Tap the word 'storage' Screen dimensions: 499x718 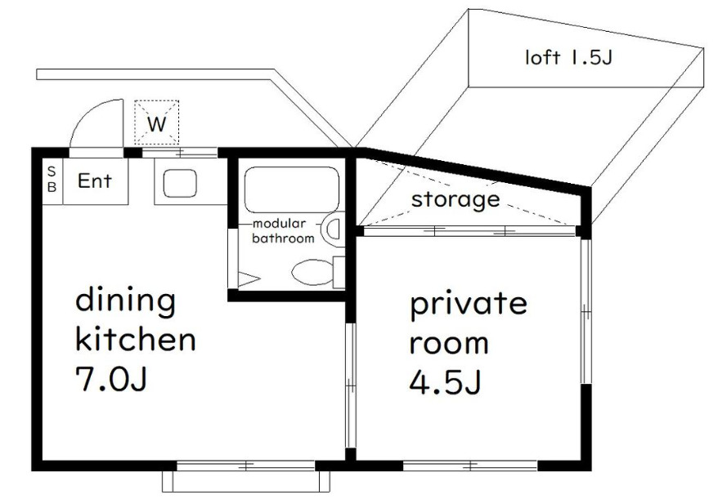click(455, 198)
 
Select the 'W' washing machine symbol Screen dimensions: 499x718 click(156, 123)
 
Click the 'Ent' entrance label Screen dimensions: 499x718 click(94, 181)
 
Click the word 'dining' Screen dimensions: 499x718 click(125, 301)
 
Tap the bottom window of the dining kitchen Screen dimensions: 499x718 click(245, 466)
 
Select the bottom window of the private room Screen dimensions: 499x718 click(470, 466)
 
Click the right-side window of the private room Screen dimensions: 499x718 click(586, 310)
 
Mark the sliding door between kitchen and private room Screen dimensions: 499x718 click(350, 384)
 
